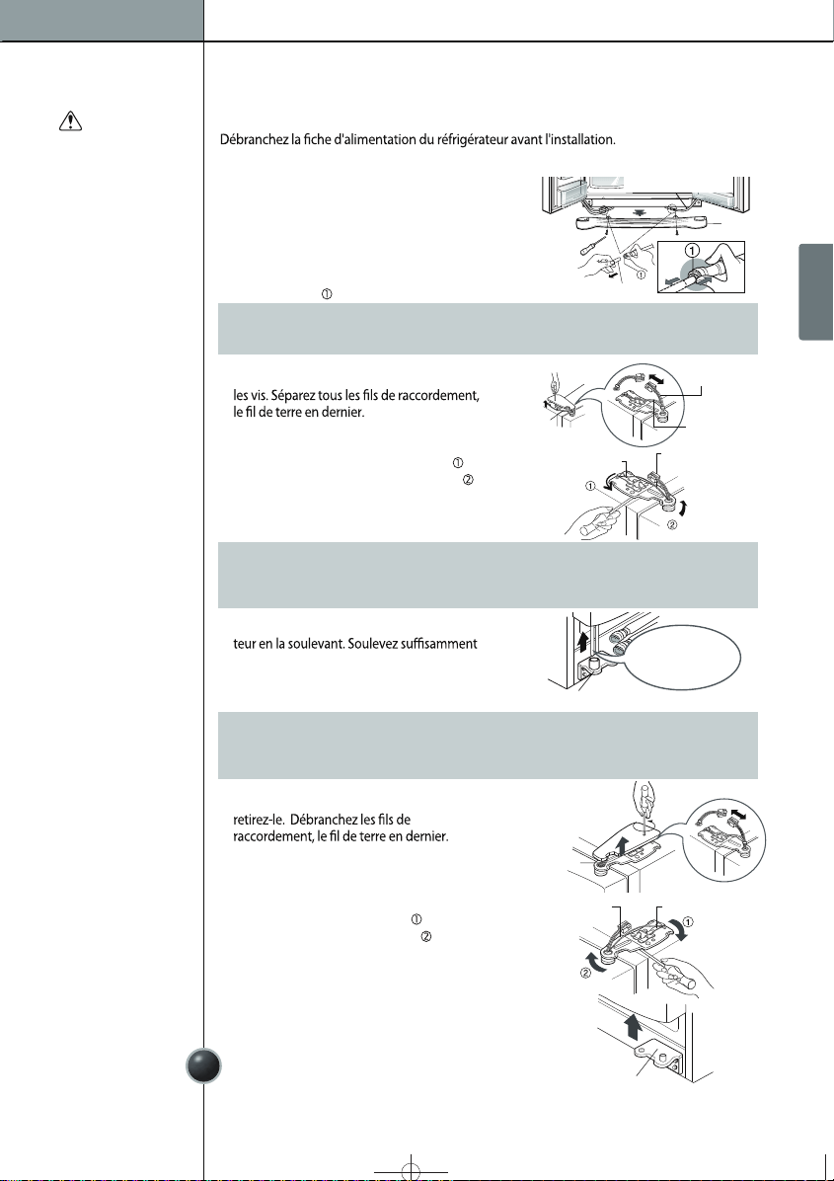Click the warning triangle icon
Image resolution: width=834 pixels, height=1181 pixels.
point(70,120)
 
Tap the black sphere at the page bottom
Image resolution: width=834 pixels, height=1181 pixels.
point(203,1065)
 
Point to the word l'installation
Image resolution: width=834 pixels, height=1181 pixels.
point(579,139)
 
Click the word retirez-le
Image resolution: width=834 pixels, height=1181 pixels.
point(259,820)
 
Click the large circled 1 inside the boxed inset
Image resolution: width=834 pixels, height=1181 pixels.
point(693,251)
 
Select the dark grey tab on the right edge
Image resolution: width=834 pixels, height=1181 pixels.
point(816,291)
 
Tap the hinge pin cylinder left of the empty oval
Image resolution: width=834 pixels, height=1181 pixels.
point(593,663)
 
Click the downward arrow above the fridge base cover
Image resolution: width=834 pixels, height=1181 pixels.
point(639,213)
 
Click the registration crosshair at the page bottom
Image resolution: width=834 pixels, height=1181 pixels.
point(411,1171)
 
